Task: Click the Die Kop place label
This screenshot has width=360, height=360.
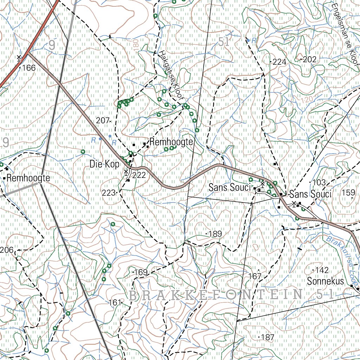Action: coord(104,164)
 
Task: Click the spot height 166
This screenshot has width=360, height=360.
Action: coord(28,68)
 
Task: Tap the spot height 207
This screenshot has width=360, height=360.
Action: coord(103,121)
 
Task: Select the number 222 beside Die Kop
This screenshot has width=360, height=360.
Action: coord(139,175)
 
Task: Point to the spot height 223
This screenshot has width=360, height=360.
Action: coord(109,193)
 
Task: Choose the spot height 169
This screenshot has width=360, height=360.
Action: coord(141,272)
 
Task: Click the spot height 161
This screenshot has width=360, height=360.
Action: coord(115,302)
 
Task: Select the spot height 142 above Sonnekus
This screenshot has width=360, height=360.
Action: coord(322,270)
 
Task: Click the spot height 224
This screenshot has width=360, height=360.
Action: coord(279,62)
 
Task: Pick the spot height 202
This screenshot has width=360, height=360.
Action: coord(309,60)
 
